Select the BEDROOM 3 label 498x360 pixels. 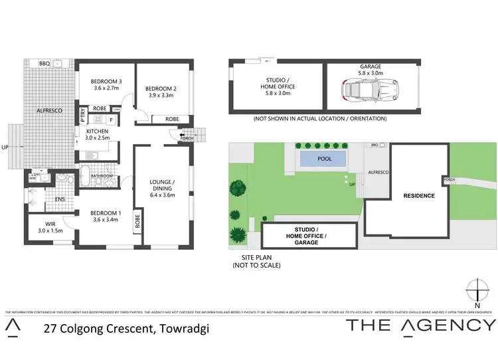point(104,82)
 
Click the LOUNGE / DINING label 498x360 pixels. point(163,185)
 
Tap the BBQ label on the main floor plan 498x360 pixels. point(45,64)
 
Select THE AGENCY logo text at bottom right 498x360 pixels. point(421,325)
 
